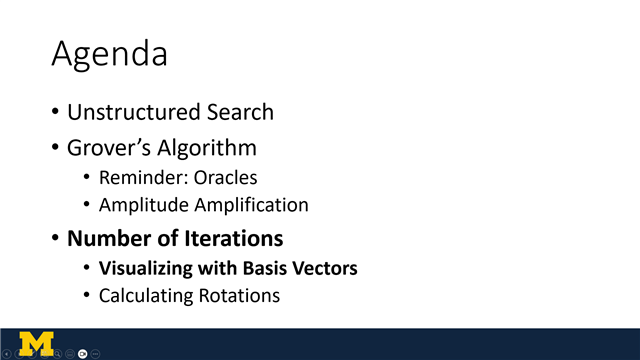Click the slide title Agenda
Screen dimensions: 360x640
109,54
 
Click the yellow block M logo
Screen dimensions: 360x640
37,342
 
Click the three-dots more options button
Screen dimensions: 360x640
96,354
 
